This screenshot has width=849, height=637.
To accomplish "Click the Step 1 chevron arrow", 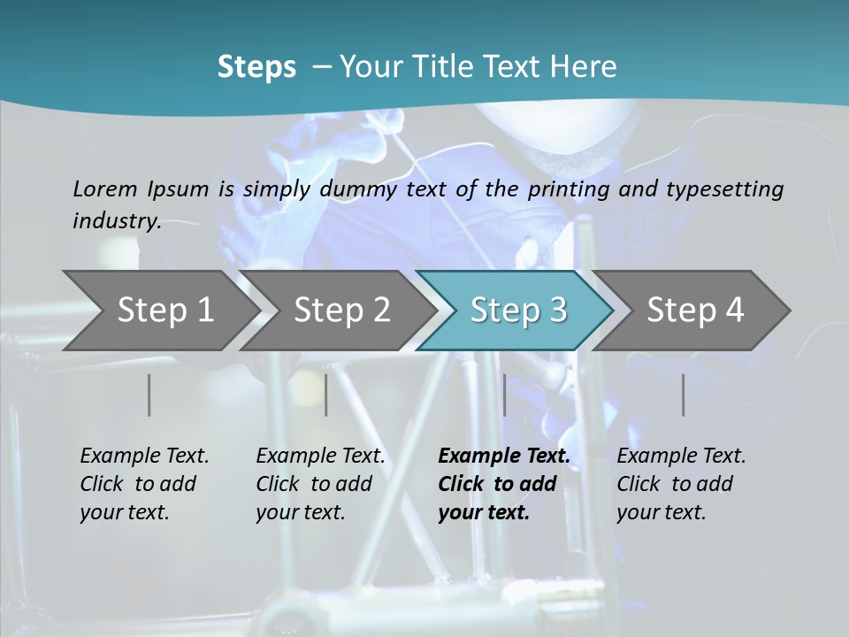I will pos(164,310).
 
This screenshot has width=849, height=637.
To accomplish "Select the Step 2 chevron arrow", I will pos(341,310).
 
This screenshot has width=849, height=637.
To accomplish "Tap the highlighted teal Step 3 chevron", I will pos(518,310).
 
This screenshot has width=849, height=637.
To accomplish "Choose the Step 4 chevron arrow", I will pos(695,310).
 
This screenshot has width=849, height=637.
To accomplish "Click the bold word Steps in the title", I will pos(256,67).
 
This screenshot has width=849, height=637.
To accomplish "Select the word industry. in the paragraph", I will pos(117,220).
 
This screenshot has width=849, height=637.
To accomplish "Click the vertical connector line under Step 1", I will pos(149,395).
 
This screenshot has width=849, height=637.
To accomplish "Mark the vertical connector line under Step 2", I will pos(326,395).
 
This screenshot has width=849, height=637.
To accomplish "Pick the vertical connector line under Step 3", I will pos(504,395).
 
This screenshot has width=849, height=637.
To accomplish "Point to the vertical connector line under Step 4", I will pos(683,395).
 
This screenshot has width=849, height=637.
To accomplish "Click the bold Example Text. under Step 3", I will pos(504,457).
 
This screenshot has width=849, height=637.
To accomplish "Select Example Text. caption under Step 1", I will pos(144,457).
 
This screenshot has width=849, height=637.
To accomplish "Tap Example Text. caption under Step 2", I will pos(320,457).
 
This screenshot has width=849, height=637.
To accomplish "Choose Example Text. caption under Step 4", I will pos(681,457).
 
